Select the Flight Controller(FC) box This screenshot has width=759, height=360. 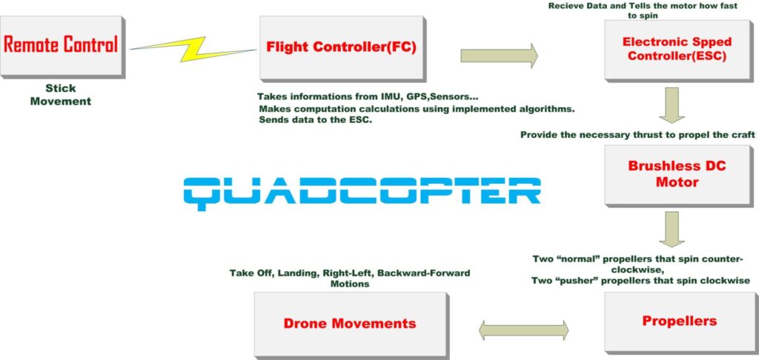pos(341,48)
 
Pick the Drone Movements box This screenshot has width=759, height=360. pos(350,324)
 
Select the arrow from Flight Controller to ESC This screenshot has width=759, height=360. pos(499,56)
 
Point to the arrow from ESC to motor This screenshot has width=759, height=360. pos(672,104)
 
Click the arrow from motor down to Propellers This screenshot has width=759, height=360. pos(672,228)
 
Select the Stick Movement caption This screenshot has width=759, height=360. pos(60,95)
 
